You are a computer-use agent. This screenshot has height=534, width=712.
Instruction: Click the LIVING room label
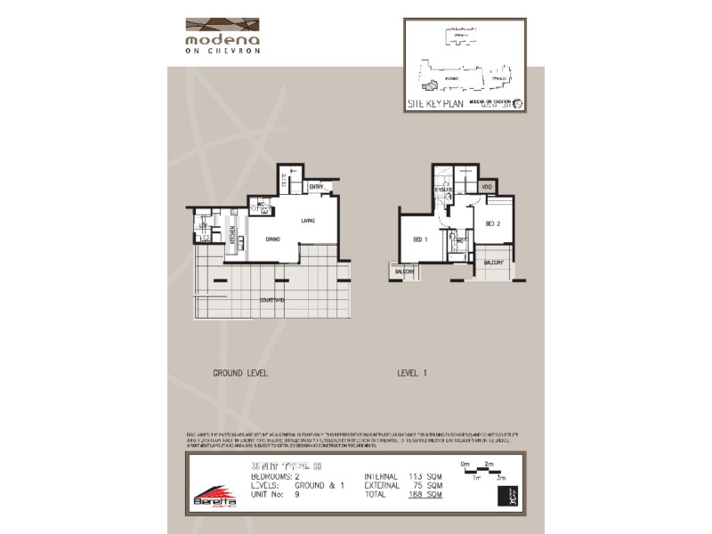[309, 221]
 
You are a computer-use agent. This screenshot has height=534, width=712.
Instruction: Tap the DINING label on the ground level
[273, 239]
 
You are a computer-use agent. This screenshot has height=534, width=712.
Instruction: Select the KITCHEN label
[232, 237]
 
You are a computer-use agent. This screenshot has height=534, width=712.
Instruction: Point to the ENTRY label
[316, 187]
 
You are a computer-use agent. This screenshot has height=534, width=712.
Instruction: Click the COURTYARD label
[272, 301]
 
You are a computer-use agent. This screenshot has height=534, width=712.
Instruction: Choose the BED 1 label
[421, 239]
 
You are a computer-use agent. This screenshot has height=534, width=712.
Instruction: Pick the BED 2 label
[493, 223]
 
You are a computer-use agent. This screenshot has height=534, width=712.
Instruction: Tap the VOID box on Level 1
[487, 187]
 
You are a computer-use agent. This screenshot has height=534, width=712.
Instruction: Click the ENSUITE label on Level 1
[443, 190]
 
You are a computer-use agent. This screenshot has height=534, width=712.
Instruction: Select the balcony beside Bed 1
[405, 271]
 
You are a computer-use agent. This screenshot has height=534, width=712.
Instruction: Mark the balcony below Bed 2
[495, 263]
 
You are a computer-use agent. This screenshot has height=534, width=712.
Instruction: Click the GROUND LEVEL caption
[240, 374]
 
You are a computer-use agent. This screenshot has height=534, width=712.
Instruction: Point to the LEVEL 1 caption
[412, 374]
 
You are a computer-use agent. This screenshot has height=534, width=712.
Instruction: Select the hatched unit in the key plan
[430, 85]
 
